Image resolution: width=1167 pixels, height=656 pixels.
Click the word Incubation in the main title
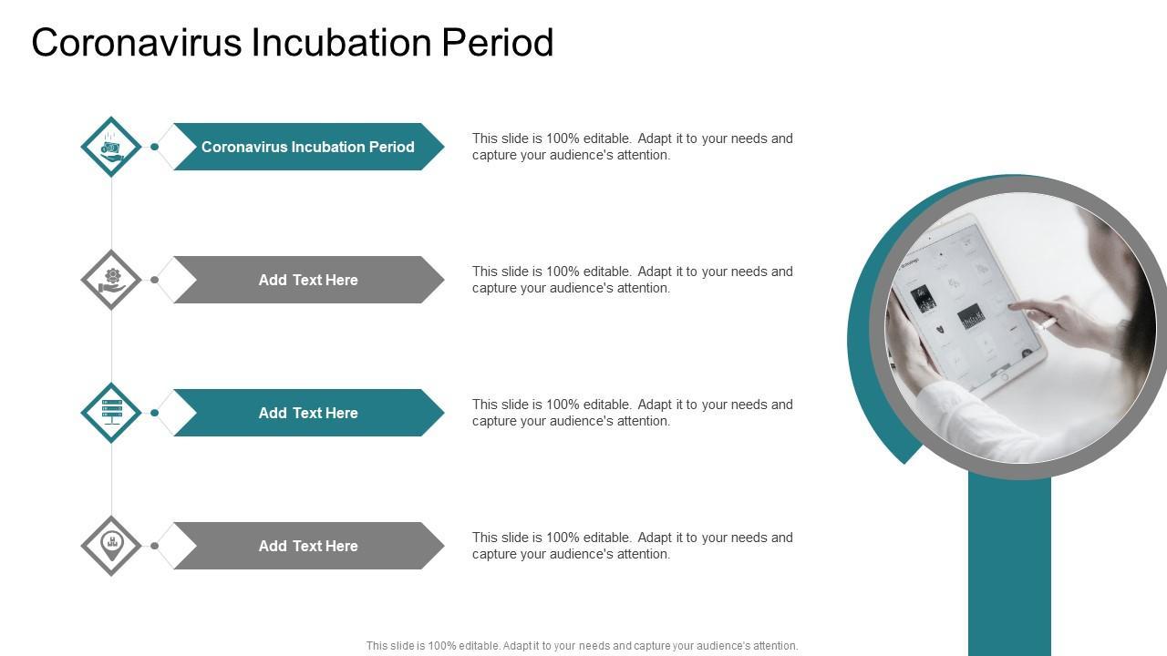342,42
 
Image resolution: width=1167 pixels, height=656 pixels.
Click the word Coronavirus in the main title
137,42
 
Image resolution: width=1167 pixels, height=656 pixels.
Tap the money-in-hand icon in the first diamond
111,147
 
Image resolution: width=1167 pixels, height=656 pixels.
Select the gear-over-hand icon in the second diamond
111,280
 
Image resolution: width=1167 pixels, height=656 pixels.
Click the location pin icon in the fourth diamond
111,546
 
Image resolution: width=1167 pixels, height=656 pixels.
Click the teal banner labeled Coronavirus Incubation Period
308,147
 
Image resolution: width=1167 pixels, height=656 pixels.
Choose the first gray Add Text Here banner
308,280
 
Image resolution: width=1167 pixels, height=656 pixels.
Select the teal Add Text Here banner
308,413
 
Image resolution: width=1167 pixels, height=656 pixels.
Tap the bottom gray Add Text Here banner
308,546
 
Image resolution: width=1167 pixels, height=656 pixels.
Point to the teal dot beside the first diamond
155,147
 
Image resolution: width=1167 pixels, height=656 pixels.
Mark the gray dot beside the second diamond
155,280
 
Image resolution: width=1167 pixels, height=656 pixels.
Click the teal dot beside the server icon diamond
155,413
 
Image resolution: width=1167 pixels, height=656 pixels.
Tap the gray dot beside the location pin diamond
155,546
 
